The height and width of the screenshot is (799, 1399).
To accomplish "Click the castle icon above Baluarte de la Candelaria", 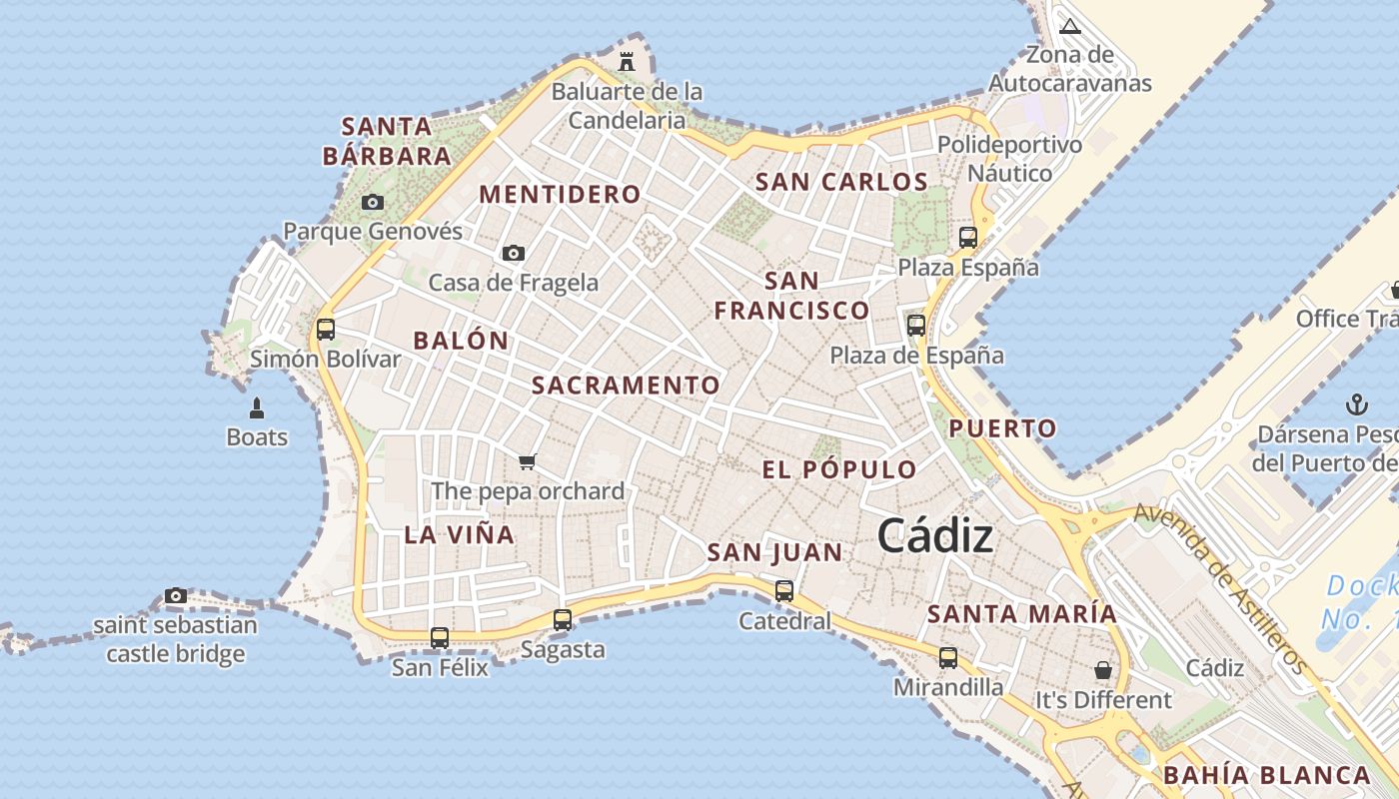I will point(627,61).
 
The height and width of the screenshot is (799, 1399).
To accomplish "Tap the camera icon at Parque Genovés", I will point(373,203).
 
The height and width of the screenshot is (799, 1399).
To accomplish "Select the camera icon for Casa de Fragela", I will point(514,254).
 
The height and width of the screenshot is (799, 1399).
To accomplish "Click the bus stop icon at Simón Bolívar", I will point(325,329).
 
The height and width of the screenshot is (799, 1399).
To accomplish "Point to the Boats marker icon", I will point(257,408).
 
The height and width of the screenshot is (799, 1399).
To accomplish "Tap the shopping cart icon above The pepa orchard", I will point(528,461).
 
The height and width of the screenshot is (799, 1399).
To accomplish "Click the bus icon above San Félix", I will point(439,637).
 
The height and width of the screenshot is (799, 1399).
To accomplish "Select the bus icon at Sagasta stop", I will point(563,620).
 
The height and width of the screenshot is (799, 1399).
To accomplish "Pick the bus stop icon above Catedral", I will point(784,591).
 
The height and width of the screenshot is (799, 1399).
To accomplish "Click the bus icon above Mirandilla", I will point(947,658).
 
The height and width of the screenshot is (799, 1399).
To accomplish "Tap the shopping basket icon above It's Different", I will point(1102,670).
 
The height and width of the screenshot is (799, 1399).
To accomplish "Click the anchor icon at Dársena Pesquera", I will point(1356,404).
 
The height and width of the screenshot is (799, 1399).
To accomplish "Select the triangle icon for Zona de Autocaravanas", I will point(1070,26).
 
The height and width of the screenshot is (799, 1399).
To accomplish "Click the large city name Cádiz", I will point(935,537).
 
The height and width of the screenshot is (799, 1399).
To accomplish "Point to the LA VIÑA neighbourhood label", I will point(460,534).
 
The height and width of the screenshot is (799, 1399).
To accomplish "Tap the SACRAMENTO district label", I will point(626,386).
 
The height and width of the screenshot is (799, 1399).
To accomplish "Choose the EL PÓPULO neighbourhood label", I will point(839,469).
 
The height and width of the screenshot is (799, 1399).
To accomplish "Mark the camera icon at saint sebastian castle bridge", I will point(176,596).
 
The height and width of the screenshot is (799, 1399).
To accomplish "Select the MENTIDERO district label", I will point(560,194).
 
